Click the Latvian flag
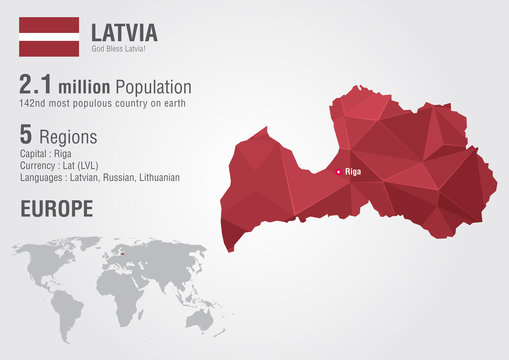[49, 36]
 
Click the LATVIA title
[125, 31]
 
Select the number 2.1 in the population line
[40, 87]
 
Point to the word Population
[154, 88]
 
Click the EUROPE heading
[56, 209]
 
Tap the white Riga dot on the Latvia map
[338, 172]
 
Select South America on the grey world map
[72, 309]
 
